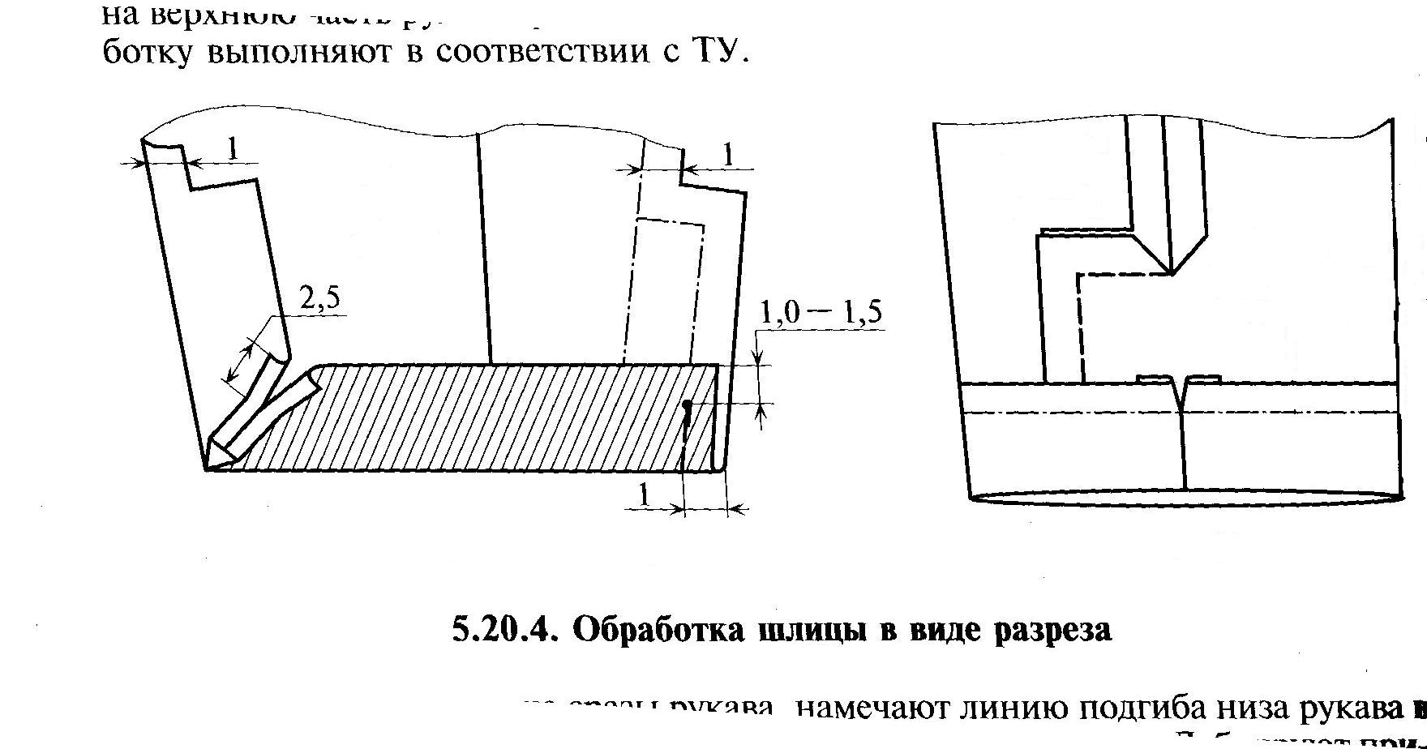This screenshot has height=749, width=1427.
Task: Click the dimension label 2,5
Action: pos(319,301)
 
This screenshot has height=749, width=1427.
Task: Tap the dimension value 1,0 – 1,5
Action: pos(819,314)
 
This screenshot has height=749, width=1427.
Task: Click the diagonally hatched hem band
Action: pos(486,417)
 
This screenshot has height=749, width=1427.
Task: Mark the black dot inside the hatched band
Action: pos(687,404)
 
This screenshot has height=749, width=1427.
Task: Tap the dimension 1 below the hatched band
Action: pos(645,495)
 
